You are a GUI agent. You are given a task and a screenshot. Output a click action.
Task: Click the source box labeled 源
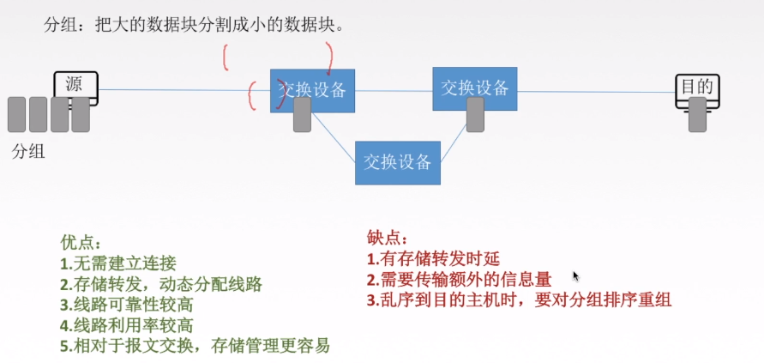point(76,85)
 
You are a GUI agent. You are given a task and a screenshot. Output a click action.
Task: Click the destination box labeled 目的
point(697,87)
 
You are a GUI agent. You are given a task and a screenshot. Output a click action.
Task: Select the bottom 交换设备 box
point(398,162)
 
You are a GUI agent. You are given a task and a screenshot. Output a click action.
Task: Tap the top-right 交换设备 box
point(475,88)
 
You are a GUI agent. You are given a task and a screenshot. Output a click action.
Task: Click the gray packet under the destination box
point(698,114)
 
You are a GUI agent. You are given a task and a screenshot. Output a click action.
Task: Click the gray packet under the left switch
point(302,114)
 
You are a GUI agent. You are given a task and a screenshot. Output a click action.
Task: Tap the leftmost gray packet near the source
point(16,114)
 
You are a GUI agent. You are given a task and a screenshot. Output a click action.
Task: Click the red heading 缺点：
point(388,238)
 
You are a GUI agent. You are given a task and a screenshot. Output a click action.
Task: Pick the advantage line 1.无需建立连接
point(117,263)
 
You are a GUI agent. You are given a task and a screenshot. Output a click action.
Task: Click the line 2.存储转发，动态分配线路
point(160,284)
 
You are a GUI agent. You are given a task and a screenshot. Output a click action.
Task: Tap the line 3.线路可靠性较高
point(126,305)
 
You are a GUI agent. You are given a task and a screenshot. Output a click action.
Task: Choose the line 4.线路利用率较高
point(126,325)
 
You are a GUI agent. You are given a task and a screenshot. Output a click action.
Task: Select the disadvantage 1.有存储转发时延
point(432,258)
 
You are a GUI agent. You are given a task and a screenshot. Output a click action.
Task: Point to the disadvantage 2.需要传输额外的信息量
point(459,279)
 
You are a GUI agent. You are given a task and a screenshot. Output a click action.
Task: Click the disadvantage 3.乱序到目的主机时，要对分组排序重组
point(519,299)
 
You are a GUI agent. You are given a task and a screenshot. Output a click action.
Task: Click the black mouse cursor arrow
point(576,276)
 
